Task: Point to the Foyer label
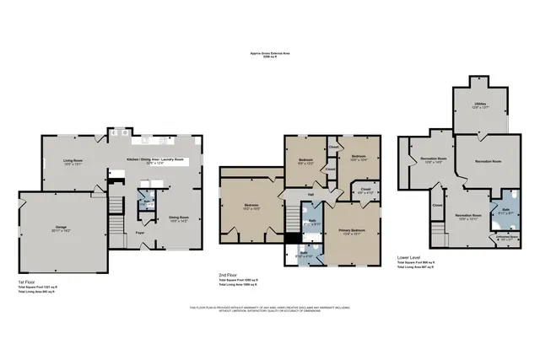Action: (143, 232)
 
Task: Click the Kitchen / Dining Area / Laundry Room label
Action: (155, 160)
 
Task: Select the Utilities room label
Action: (481, 105)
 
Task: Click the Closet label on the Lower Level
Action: (437, 205)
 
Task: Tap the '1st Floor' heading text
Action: (27, 282)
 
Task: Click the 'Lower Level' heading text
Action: (408, 258)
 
